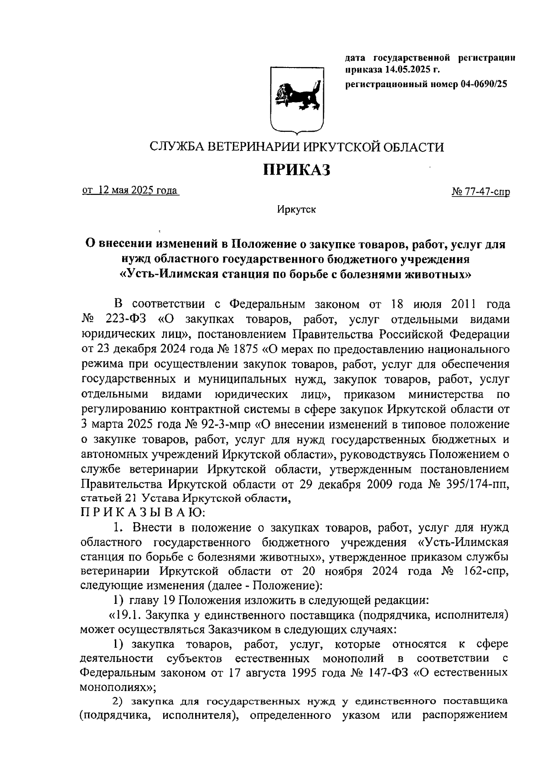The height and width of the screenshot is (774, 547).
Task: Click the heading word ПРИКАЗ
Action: tap(297, 170)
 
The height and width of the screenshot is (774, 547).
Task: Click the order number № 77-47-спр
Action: tap(480, 192)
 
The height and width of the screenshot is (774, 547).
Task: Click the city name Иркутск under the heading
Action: tap(296, 209)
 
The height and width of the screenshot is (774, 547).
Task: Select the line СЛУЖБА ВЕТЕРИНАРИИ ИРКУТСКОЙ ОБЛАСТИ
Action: tap(297, 146)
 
